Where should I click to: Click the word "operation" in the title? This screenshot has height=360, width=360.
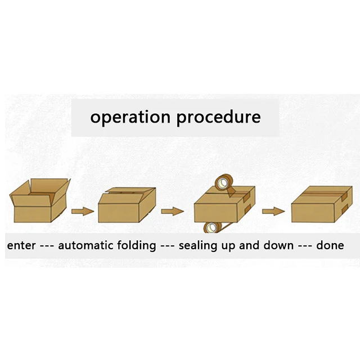[130, 118]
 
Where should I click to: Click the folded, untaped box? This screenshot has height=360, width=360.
[126, 206]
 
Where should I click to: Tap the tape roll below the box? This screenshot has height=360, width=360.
[211, 228]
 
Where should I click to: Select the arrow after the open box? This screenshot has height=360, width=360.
[83, 211]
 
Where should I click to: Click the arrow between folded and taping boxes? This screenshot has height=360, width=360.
[172, 211]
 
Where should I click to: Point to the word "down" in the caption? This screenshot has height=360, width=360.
[279, 246]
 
